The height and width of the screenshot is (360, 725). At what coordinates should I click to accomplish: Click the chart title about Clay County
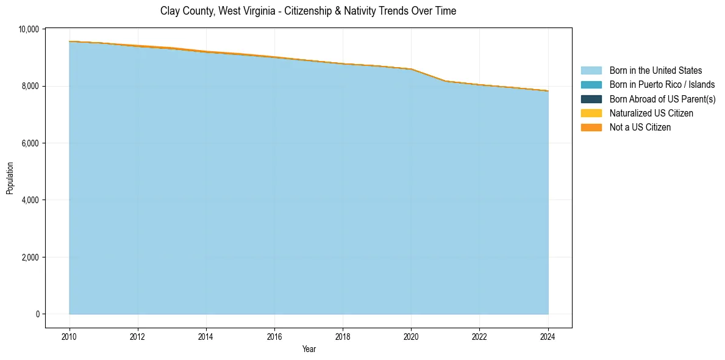coord(308,11)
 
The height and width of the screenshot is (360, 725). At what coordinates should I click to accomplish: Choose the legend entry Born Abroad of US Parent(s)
coord(662,99)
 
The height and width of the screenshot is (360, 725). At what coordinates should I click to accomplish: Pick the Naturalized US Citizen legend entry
coord(651,113)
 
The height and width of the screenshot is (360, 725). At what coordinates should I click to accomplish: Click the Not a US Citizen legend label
coord(640,128)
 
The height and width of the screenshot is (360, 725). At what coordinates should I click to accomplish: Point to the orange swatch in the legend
coord(591,128)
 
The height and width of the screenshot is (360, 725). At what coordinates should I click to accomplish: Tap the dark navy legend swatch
coord(591,99)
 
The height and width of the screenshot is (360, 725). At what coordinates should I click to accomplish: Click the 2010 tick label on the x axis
coord(70,336)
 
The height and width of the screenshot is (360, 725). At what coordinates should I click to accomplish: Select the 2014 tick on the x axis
coord(206,336)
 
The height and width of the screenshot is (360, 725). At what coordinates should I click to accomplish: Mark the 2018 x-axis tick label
coord(343,336)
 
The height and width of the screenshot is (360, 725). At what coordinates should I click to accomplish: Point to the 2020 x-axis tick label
coord(412,336)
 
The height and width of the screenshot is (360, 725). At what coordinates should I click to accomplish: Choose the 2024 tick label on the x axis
coord(548,336)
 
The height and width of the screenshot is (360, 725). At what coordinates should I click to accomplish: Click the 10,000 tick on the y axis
coord(29,29)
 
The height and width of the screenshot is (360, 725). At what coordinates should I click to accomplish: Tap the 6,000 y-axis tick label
coord(31,143)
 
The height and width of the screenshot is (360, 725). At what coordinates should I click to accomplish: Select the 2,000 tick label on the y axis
coord(31,257)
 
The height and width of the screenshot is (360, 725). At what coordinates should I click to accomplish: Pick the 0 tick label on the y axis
coord(38,314)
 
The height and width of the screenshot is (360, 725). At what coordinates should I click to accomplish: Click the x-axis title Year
coord(309,349)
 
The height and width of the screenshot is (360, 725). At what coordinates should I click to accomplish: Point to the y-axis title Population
coord(10,178)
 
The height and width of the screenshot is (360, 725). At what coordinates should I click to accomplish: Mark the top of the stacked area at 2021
coord(446,81)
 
